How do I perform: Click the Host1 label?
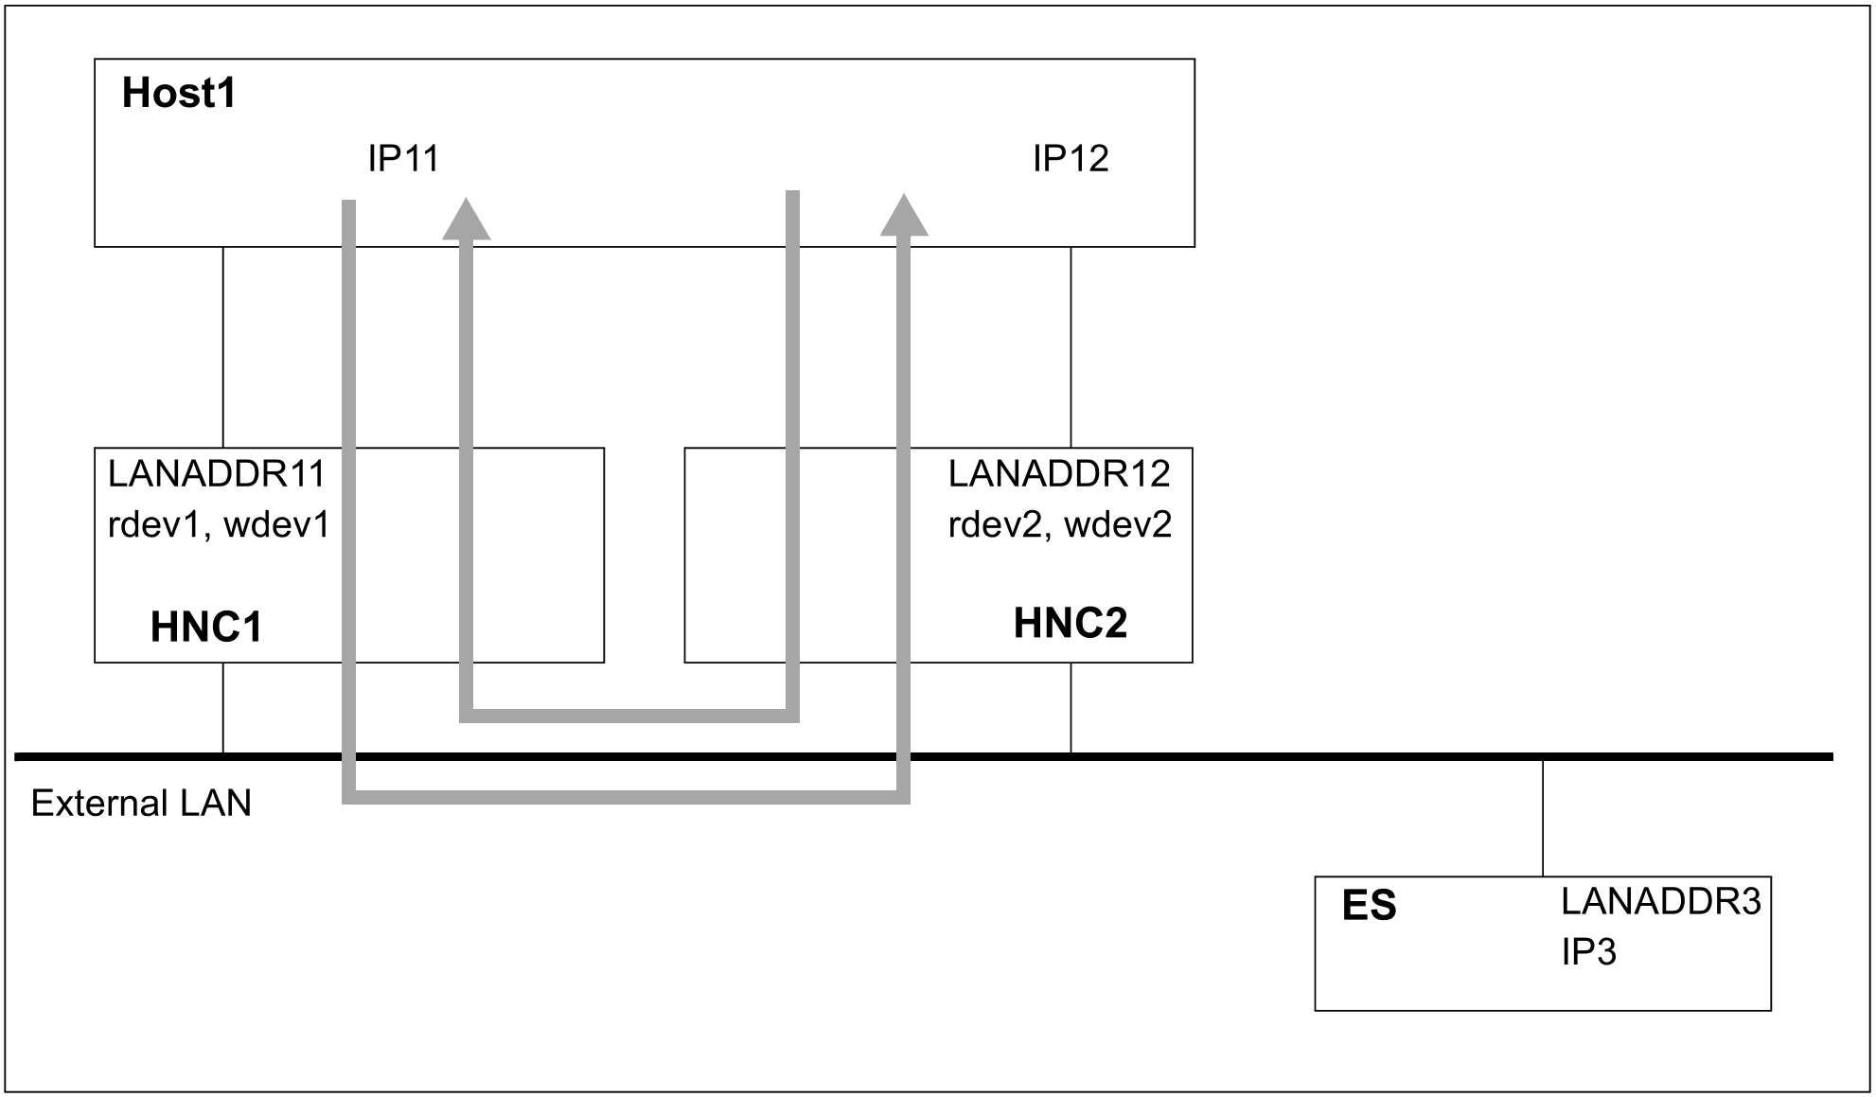(179, 94)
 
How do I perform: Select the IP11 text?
(403, 159)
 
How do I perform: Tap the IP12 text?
(1070, 159)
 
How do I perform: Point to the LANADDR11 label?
(216, 473)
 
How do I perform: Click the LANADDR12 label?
(1059, 473)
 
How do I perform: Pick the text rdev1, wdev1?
(219, 524)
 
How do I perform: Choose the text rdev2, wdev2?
(1060, 524)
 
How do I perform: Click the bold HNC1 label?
(206, 627)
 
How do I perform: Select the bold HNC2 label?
(1070, 624)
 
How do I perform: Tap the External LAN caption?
(141, 804)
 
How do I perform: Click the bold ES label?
(1369, 906)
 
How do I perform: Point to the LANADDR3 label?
(1660, 902)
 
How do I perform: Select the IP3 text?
(1588, 952)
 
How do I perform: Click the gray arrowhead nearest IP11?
(466, 220)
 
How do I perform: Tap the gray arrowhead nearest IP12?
(904, 216)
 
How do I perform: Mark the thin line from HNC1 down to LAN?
(223, 708)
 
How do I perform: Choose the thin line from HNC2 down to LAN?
(1071, 708)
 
